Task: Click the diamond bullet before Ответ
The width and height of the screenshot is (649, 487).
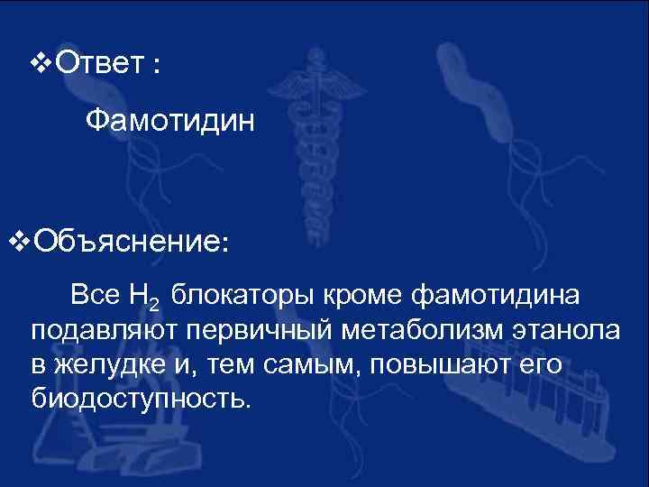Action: pos(41,64)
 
